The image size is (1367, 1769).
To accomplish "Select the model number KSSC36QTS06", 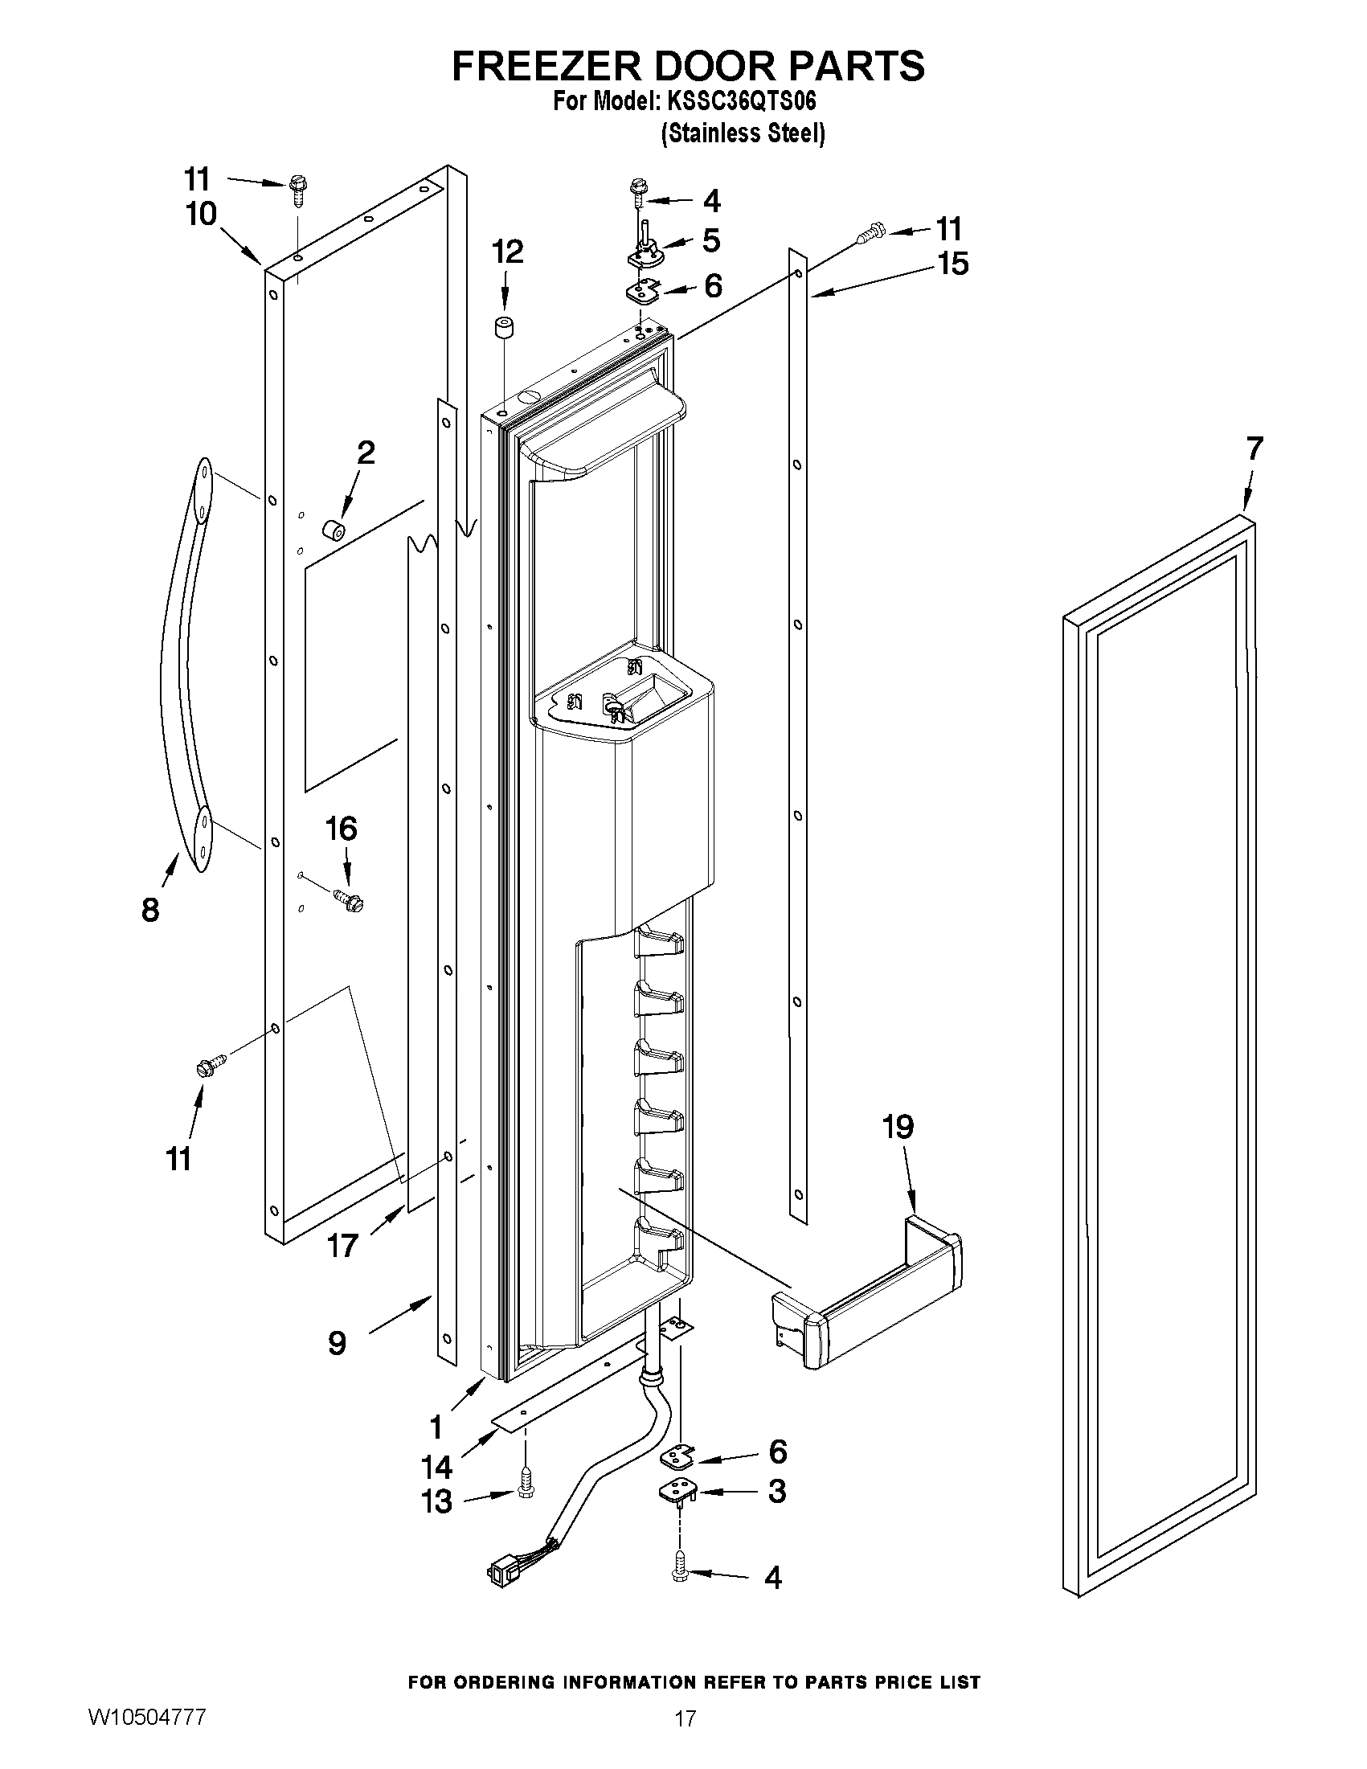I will (x=741, y=102).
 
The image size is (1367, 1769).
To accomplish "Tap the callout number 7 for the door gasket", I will (x=1254, y=448).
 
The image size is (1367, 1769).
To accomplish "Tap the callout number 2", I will (x=366, y=452).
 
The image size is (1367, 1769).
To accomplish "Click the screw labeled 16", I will (x=348, y=899).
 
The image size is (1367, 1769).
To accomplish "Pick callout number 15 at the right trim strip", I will (x=954, y=264).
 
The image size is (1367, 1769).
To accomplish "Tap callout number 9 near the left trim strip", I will (x=338, y=1344).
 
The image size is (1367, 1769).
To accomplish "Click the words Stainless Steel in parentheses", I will (x=743, y=133).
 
